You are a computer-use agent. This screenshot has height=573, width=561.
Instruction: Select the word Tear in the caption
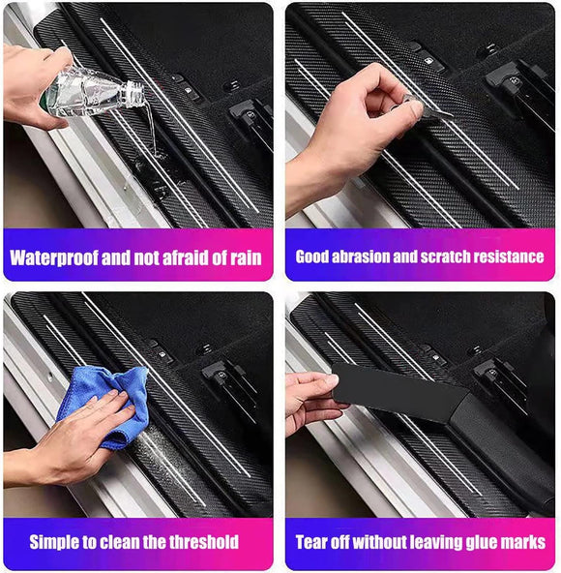coord(312,542)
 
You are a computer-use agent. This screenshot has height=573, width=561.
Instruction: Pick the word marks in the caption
coord(523,542)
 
